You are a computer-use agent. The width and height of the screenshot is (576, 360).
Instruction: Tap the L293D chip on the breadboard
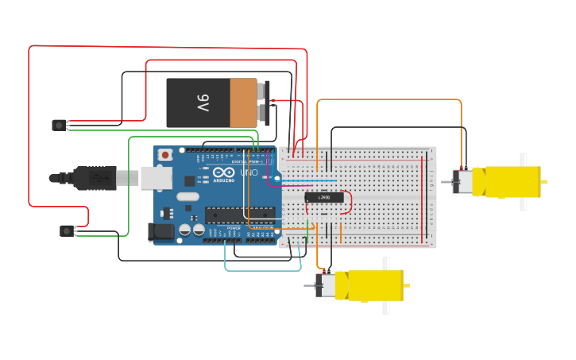(324, 197)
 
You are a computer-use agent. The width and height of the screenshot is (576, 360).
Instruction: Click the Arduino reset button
(164, 155)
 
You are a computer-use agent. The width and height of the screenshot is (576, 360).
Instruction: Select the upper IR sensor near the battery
(59, 125)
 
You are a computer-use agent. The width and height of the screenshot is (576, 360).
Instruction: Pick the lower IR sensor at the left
(67, 230)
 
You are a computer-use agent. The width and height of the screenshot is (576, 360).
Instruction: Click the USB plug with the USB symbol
(96, 178)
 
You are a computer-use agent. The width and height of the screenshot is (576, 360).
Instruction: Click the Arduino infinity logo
(223, 172)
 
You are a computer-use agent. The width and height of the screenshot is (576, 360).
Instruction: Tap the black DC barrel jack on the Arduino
(160, 232)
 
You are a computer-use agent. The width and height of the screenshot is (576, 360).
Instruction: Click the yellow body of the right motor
(508, 182)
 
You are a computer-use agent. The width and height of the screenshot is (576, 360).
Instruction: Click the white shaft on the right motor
(523, 181)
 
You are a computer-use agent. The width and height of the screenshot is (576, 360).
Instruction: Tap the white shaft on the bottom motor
(386, 285)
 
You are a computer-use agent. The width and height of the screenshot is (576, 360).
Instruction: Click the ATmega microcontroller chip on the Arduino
(240, 215)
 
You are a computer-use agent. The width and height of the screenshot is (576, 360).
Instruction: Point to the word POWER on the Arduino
(234, 228)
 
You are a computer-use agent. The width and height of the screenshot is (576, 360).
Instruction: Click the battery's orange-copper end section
(244, 103)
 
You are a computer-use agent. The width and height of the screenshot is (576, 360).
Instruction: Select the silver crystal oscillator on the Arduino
(187, 196)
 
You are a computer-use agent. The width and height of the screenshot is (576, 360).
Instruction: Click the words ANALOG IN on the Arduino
(263, 228)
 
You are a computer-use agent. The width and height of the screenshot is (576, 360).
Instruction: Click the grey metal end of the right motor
(462, 182)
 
